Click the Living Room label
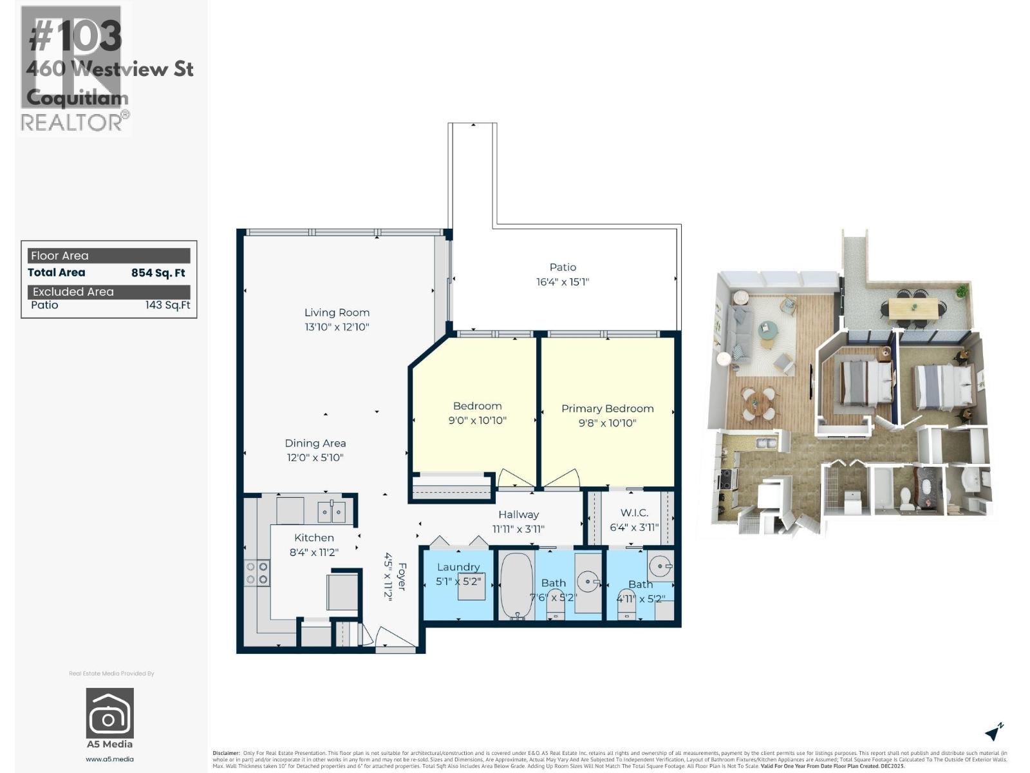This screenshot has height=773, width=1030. pos(337,312)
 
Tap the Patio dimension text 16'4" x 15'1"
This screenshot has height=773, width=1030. pos(562,282)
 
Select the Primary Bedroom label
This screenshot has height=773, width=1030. pos(607,408)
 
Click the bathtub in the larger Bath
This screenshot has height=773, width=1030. pos(516,585)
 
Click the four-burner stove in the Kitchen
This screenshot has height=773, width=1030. pos(257,573)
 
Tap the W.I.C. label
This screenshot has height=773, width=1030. pos(634,513)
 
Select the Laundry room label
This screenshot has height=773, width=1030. pos(458,567)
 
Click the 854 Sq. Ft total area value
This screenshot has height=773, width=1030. pos(158,273)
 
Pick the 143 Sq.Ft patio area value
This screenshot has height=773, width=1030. pos(167,305)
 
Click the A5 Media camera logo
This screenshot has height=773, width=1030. pos(110,713)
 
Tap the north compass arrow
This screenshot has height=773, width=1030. pos(994,732)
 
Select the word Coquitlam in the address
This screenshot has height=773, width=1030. pos(77,98)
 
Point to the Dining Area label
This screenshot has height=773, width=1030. pos(315,443)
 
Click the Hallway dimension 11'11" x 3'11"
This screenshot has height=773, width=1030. pos(518,530)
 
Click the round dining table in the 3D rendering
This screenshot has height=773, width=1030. pos(760,401)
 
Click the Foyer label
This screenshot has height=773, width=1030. pos(402,577)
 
